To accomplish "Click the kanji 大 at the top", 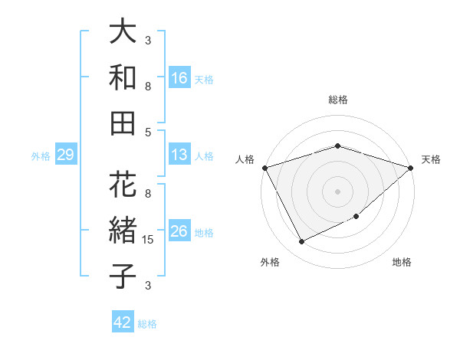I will coord(123,33).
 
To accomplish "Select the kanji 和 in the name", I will coord(123,77).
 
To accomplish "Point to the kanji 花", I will coord(123,185).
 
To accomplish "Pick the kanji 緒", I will coord(123,231).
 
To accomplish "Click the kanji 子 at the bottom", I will coord(123,275).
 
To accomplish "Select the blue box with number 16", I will coord(179,78).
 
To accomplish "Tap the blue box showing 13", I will coord(179,155).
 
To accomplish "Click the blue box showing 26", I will coord(179,232).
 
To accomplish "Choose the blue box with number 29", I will coord(65,155).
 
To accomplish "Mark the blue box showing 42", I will coord(123,323).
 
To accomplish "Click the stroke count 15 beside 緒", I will coord(149,240).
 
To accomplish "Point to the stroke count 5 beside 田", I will coord(148,132).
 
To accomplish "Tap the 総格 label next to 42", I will coord(148,324).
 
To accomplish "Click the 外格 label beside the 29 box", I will coord(41,156).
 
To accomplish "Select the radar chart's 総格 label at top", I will coord(338,100).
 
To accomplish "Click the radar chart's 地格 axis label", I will coord(402,263).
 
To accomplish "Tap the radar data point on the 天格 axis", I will coord(411,168).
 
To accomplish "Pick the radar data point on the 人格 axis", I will coord(265,168).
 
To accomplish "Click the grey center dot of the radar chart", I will coord(338,191).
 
